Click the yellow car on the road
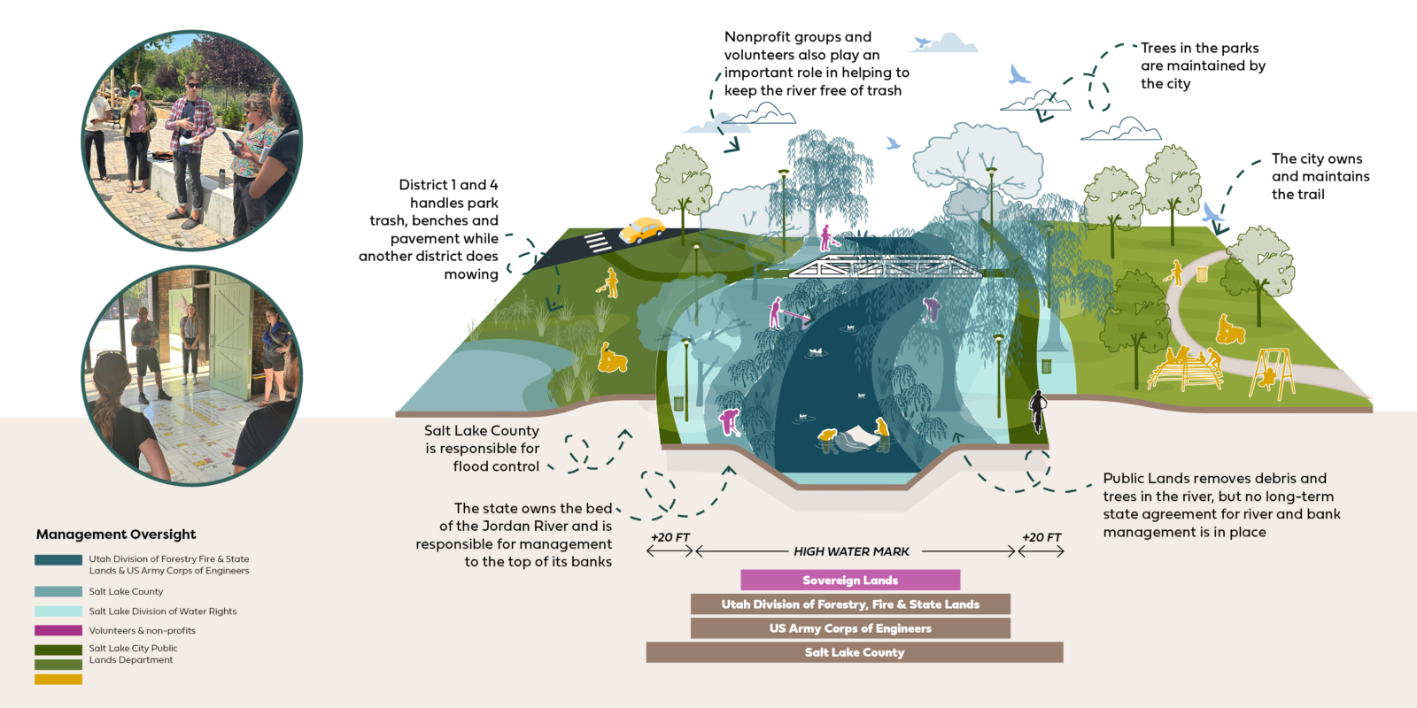(x=642, y=231)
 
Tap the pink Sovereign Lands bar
(x=850, y=580)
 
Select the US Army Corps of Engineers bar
(x=850, y=628)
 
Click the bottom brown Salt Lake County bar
(x=854, y=652)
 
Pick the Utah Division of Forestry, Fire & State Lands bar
(x=850, y=604)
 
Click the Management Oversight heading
(x=116, y=535)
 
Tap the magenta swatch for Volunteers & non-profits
(x=58, y=630)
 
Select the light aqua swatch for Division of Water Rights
(x=58, y=611)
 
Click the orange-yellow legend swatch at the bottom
(x=58, y=680)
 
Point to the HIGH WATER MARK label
(x=851, y=551)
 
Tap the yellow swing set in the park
(x=1272, y=373)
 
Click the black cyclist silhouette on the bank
(x=1037, y=411)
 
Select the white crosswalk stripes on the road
(x=597, y=242)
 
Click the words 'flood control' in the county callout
(x=496, y=466)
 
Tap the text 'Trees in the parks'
(x=1199, y=48)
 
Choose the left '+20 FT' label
(x=670, y=537)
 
